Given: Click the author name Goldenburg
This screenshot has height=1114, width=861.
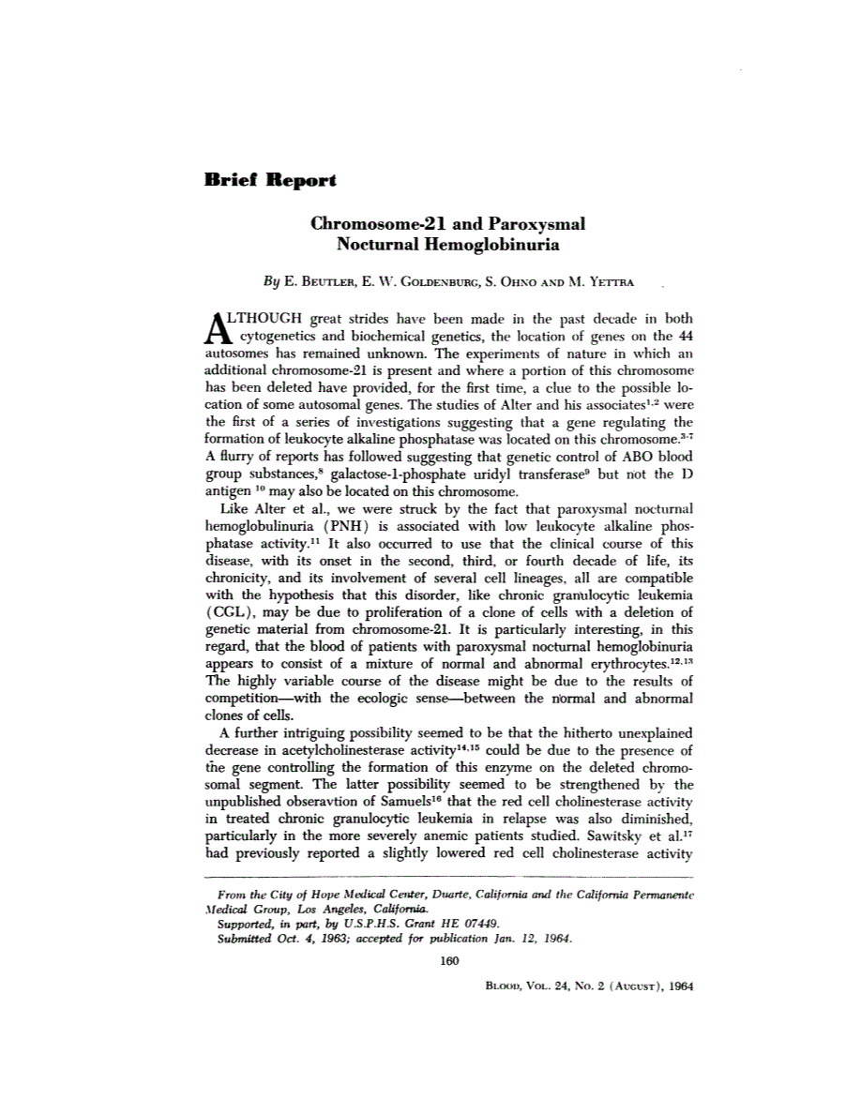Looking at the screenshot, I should (x=424, y=279).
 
